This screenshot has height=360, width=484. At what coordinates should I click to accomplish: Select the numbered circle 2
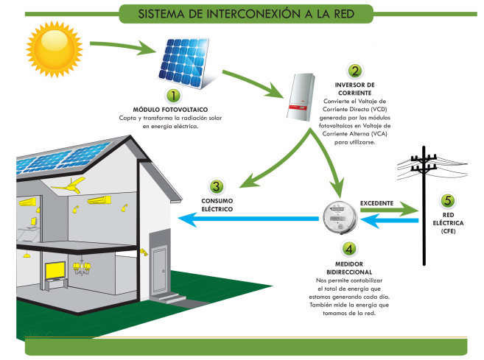coord(355,71)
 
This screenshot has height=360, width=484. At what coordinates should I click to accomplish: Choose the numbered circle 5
coord(447,200)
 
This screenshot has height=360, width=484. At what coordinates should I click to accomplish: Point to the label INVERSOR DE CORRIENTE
coord(355,88)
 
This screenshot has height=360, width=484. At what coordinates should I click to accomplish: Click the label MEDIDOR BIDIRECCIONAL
coord(349,267)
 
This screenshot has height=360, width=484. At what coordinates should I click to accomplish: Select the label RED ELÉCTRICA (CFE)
coord(447,222)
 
